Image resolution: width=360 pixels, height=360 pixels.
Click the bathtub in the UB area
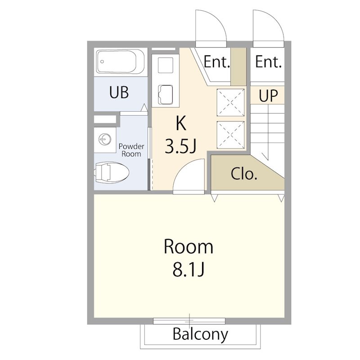(121, 62)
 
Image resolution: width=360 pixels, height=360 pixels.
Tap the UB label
(119, 92)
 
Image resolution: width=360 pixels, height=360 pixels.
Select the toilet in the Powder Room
(112, 172)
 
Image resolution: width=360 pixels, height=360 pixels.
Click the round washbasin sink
(105, 139)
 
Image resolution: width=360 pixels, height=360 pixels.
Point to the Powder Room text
(131, 150)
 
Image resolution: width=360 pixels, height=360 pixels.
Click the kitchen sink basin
(165, 94)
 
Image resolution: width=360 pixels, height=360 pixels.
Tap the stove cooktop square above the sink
(165, 65)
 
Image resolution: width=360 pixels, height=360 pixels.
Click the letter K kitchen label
(181, 123)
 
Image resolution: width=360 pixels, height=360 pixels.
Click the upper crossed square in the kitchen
(230, 103)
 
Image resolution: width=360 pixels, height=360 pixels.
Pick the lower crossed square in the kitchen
(230, 135)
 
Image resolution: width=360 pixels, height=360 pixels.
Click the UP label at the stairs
(268, 95)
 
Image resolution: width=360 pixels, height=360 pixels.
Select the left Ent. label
(217, 62)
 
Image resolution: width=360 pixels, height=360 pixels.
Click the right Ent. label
(268, 62)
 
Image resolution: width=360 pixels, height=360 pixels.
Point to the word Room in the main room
(189, 247)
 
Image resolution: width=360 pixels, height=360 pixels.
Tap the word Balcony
(200, 334)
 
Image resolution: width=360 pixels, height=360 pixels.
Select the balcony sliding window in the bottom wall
(189, 321)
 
